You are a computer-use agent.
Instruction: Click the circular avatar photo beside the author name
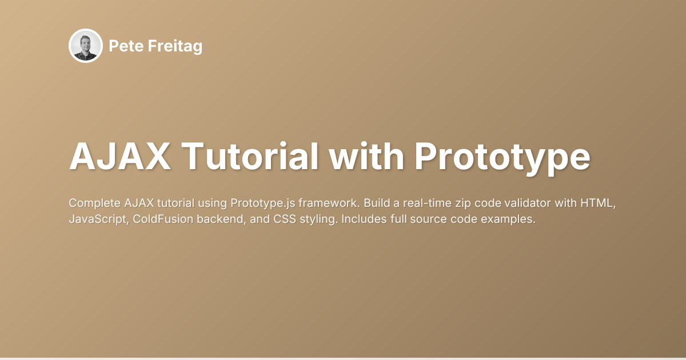click(x=85, y=46)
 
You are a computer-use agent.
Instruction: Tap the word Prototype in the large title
click(x=502, y=155)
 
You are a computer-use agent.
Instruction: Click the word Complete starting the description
click(x=92, y=203)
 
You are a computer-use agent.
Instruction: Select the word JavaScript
click(x=93, y=219)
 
